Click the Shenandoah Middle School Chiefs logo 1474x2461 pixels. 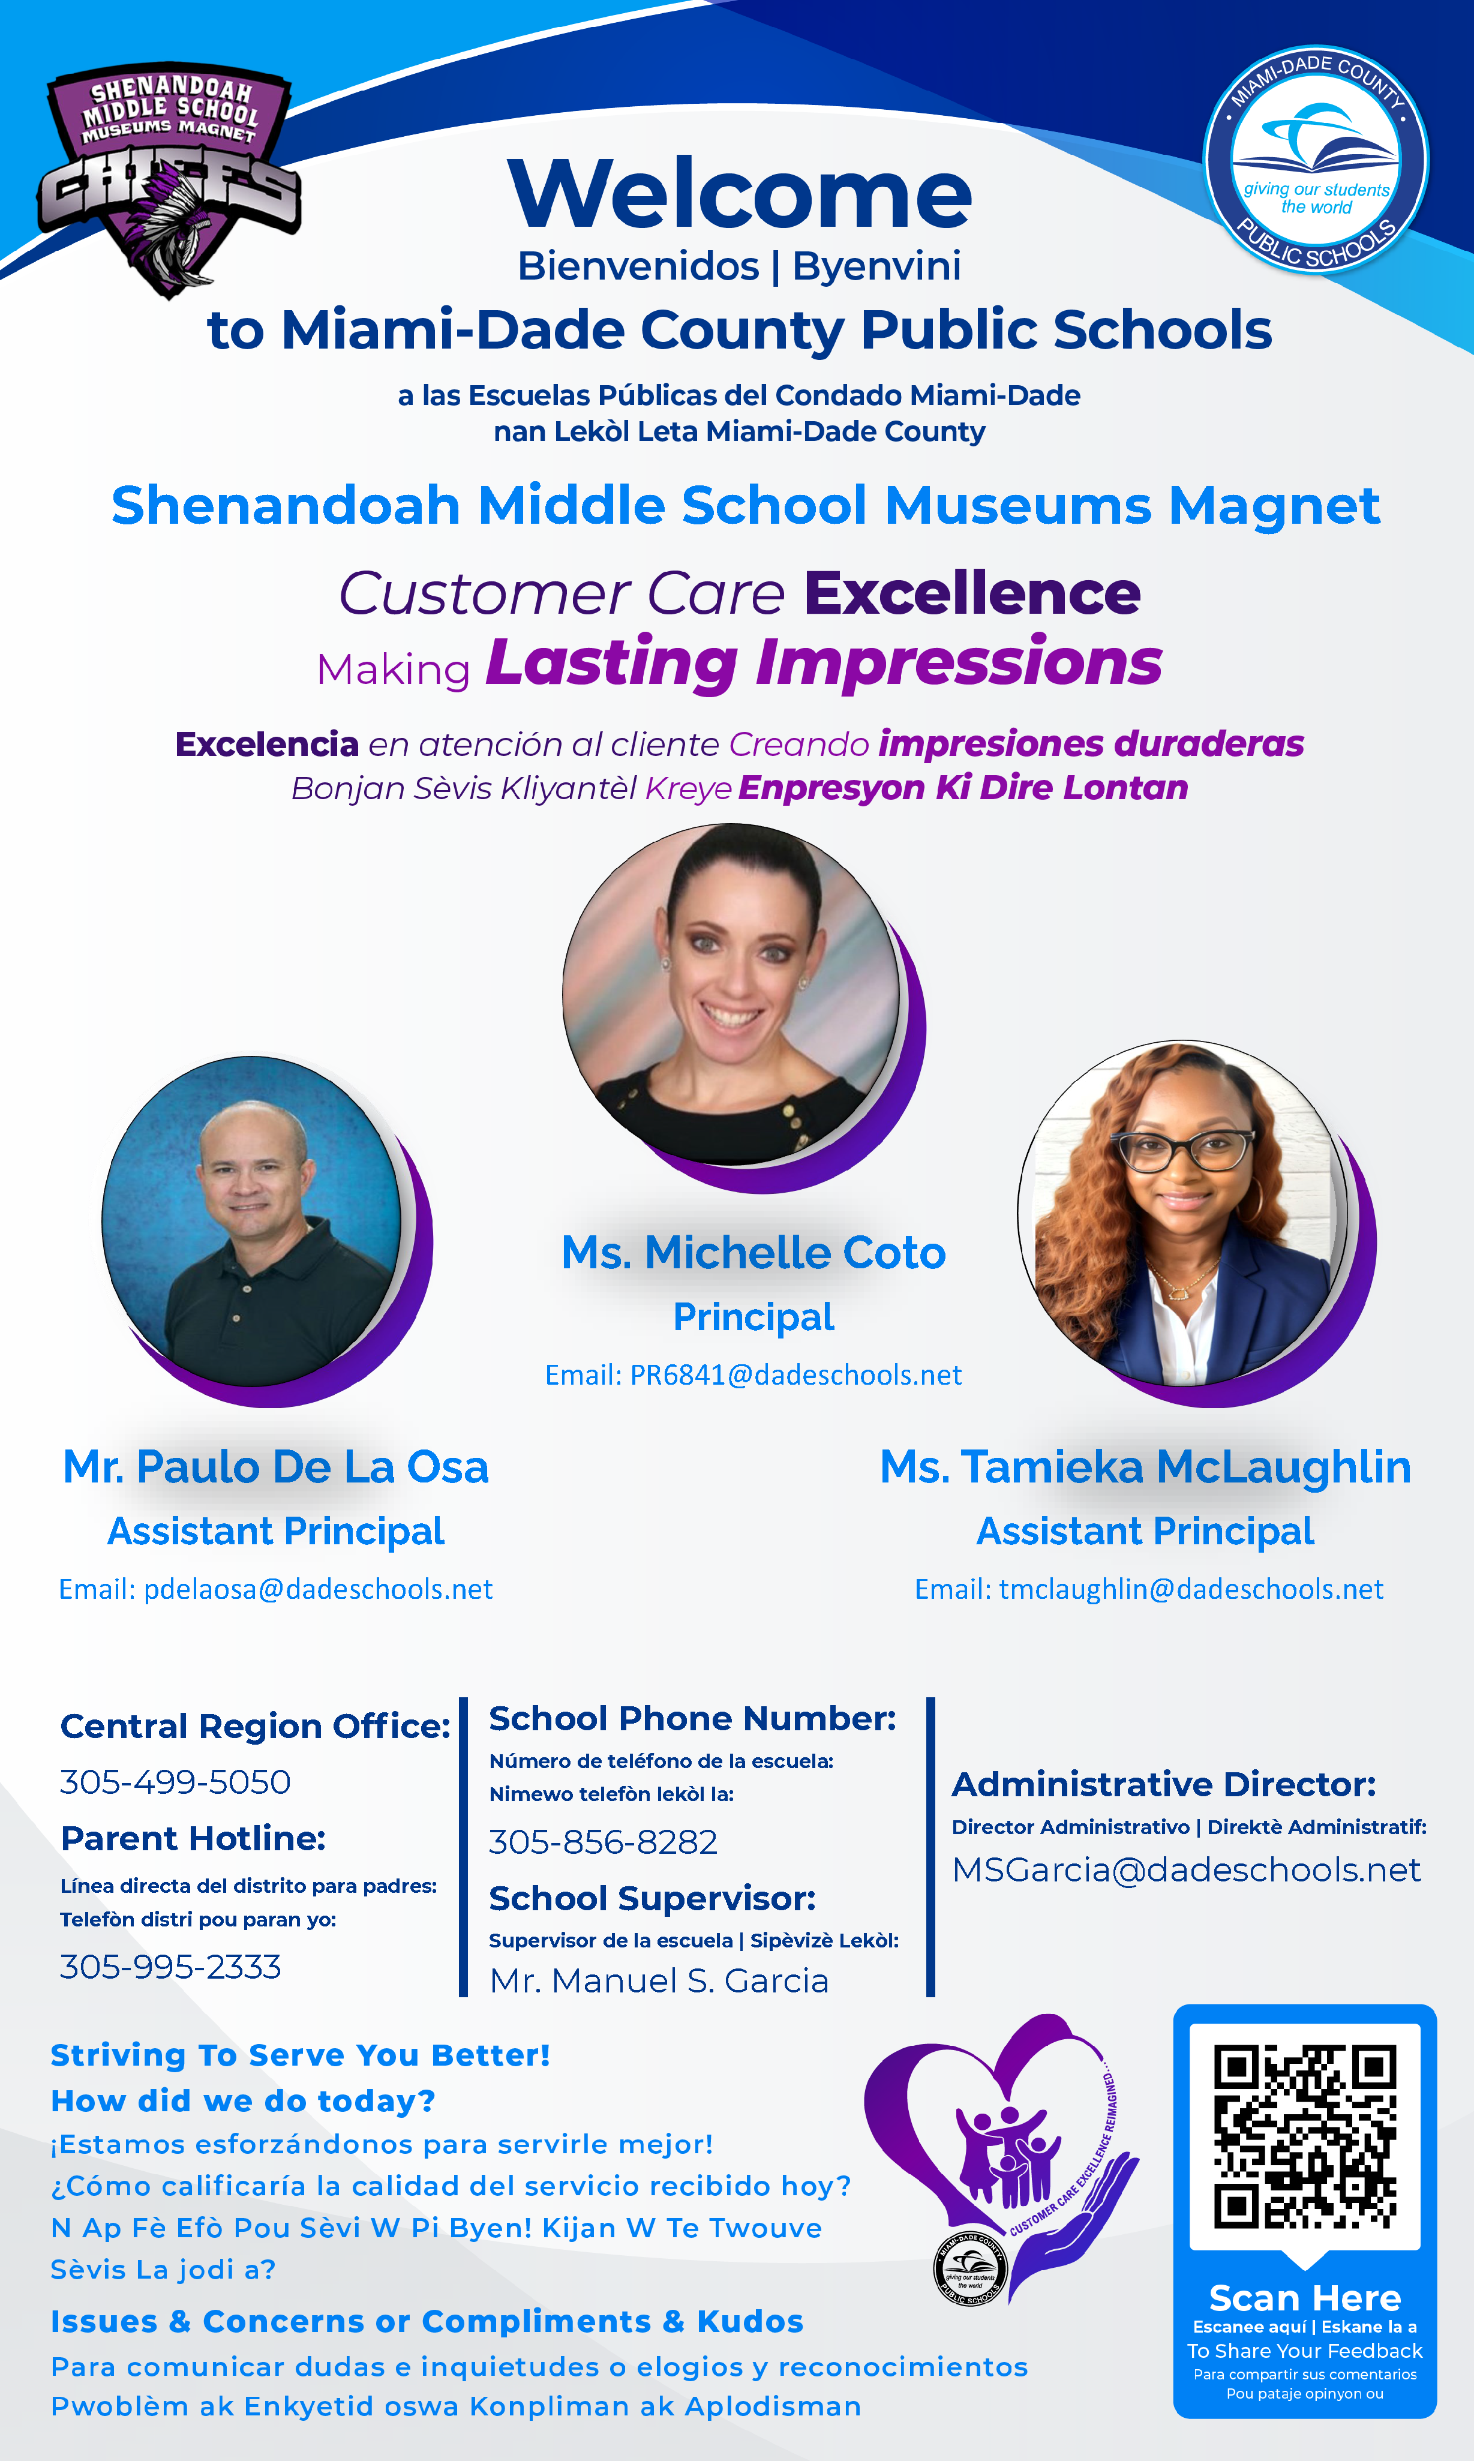[x=169, y=179]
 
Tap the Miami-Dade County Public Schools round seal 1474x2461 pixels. [x=1316, y=159]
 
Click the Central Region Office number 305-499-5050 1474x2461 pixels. [x=175, y=1782]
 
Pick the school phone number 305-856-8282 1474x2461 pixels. [x=603, y=1842]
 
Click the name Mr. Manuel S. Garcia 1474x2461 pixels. [x=659, y=1980]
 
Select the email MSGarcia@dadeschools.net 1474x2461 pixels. [x=1186, y=1870]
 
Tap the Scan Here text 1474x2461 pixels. [x=1305, y=2298]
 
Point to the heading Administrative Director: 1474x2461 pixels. [x=1164, y=1785]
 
